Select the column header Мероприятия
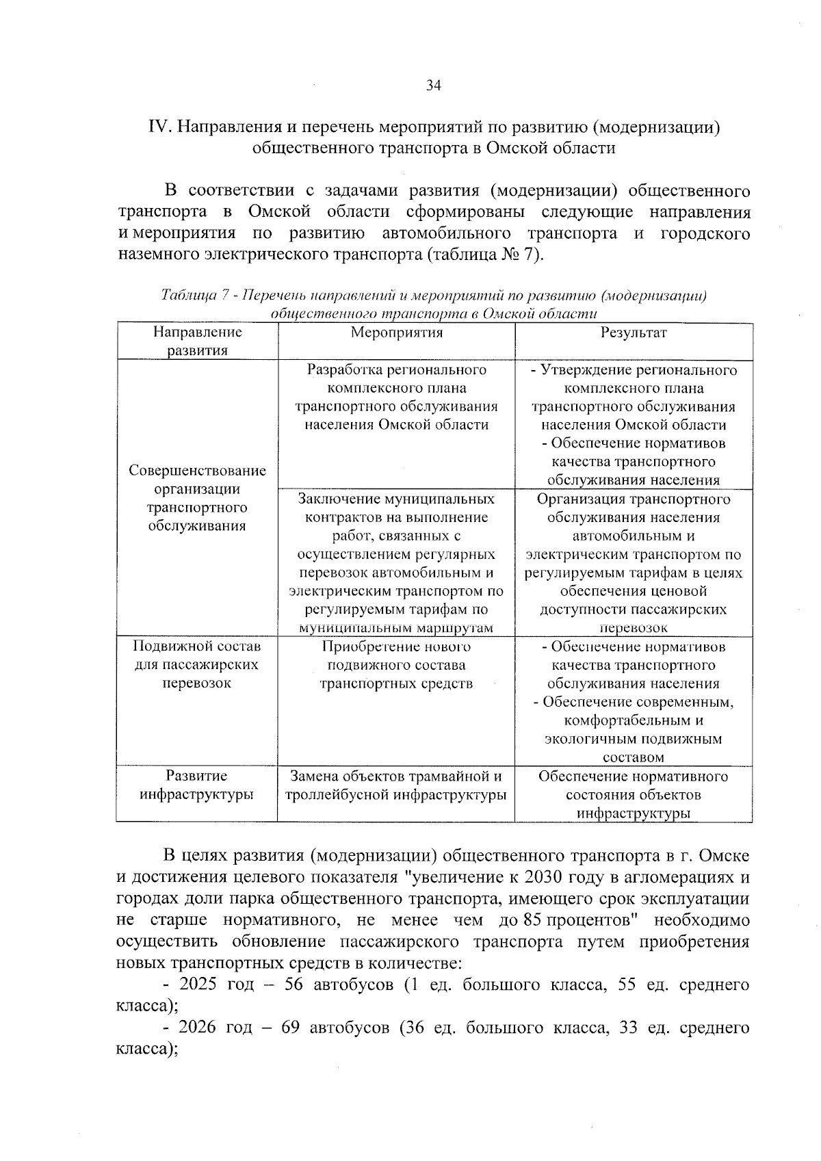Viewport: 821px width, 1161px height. point(397,333)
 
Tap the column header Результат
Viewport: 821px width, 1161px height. point(634,333)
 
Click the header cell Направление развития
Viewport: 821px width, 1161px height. point(198,341)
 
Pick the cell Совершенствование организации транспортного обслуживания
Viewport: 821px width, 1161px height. point(198,498)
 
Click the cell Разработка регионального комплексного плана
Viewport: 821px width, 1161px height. point(397,397)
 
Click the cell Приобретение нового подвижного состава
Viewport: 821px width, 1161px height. point(397,665)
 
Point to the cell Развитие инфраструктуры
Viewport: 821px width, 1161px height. point(197,785)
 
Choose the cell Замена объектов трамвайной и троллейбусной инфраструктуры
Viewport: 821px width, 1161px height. point(397,785)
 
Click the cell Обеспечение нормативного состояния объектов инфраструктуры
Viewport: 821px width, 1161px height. point(634,794)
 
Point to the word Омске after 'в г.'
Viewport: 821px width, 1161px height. point(725,857)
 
